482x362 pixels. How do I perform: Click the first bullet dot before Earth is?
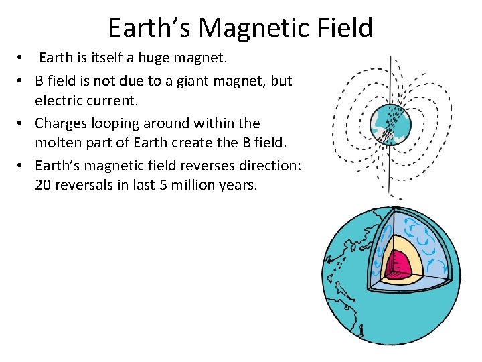pos(21,58)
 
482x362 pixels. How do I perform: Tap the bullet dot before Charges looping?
pos(21,123)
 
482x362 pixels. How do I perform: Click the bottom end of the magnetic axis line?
pos(392,196)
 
